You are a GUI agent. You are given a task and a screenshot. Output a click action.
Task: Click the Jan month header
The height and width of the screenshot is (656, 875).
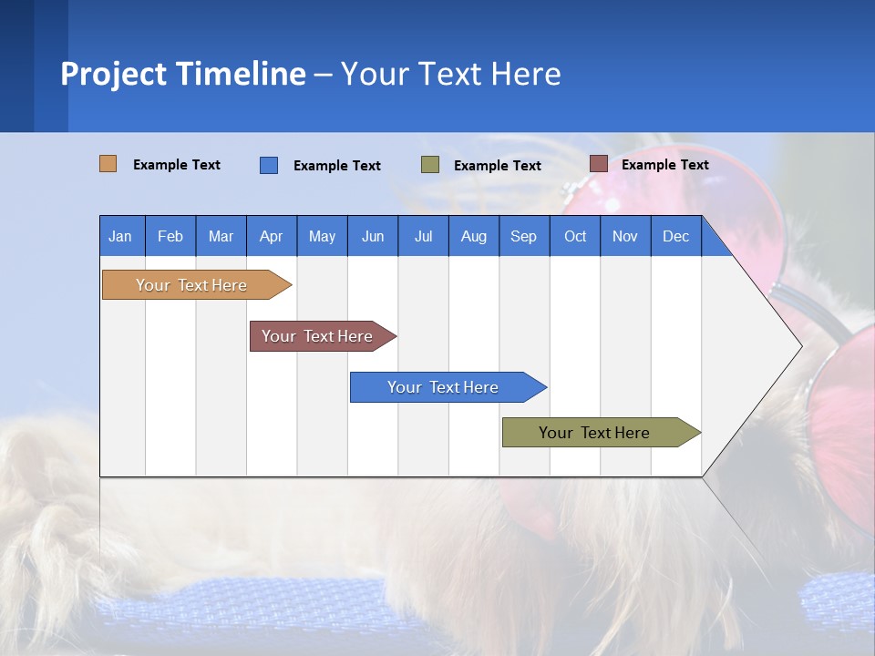[120, 236]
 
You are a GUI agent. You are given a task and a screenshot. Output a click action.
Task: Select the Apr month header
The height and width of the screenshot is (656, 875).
[271, 236]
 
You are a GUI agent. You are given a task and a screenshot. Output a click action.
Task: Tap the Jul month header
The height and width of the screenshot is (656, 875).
[423, 236]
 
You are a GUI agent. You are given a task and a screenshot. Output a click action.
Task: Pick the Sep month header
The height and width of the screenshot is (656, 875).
[523, 236]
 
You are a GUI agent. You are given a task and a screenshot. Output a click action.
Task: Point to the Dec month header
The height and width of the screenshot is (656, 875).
[675, 236]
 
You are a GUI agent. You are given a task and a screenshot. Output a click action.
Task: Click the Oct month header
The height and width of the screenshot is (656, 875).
[575, 236]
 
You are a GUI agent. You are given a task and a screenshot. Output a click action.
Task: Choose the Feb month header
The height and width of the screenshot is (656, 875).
[170, 236]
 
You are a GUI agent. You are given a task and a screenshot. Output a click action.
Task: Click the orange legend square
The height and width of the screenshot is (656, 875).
[108, 164]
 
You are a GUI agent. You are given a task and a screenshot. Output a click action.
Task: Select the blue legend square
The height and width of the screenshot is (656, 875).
[269, 165]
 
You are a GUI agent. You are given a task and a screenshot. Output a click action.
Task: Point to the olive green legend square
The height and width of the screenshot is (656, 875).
[430, 165]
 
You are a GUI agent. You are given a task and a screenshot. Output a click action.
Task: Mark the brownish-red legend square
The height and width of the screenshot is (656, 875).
[598, 164]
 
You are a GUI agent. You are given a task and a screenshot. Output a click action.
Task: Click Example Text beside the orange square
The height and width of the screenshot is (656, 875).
[177, 165]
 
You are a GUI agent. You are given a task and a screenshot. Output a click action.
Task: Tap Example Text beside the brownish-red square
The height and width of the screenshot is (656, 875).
[664, 165]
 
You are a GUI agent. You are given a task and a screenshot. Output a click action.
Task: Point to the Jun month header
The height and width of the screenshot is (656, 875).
[372, 236]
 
